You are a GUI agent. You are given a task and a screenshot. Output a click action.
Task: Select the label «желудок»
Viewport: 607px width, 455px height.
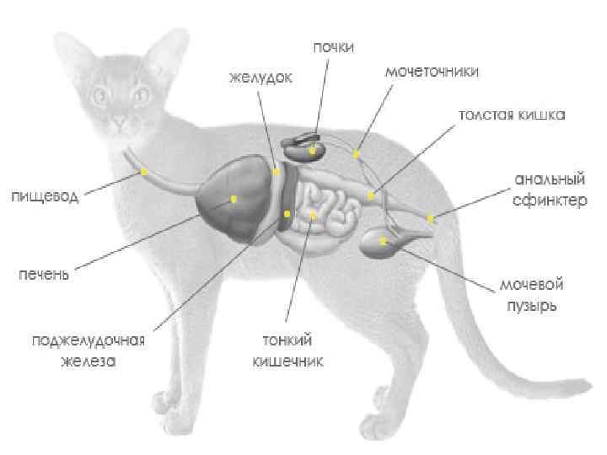tap(261, 78)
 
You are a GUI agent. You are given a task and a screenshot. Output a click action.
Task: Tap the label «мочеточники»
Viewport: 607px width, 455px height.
tap(432, 72)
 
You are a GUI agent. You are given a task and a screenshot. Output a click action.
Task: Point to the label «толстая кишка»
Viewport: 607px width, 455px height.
tap(512, 114)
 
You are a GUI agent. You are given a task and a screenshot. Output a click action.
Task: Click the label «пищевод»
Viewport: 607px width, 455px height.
tap(44, 196)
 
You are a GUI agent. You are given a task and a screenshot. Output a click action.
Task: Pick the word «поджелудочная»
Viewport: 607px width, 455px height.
tap(89, 340)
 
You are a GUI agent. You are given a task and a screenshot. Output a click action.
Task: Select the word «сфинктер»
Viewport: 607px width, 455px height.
tap(549, 201)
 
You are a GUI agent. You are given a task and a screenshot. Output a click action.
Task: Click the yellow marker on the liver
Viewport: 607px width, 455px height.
tap(234, 199)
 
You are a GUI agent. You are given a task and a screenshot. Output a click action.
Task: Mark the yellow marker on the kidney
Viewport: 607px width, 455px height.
tap(312, 151)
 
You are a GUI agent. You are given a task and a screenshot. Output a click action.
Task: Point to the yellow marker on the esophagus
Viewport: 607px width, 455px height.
tap(144, 171)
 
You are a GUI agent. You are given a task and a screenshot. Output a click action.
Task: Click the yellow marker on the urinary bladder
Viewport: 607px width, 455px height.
tap(383, 241)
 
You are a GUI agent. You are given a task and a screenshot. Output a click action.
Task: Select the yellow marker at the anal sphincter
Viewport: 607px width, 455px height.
tap(430, 219)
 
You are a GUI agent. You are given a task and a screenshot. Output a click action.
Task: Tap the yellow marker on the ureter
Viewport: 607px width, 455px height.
tap(357, 154)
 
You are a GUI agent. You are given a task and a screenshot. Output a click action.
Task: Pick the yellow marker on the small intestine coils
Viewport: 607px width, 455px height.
tap(313, 216)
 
